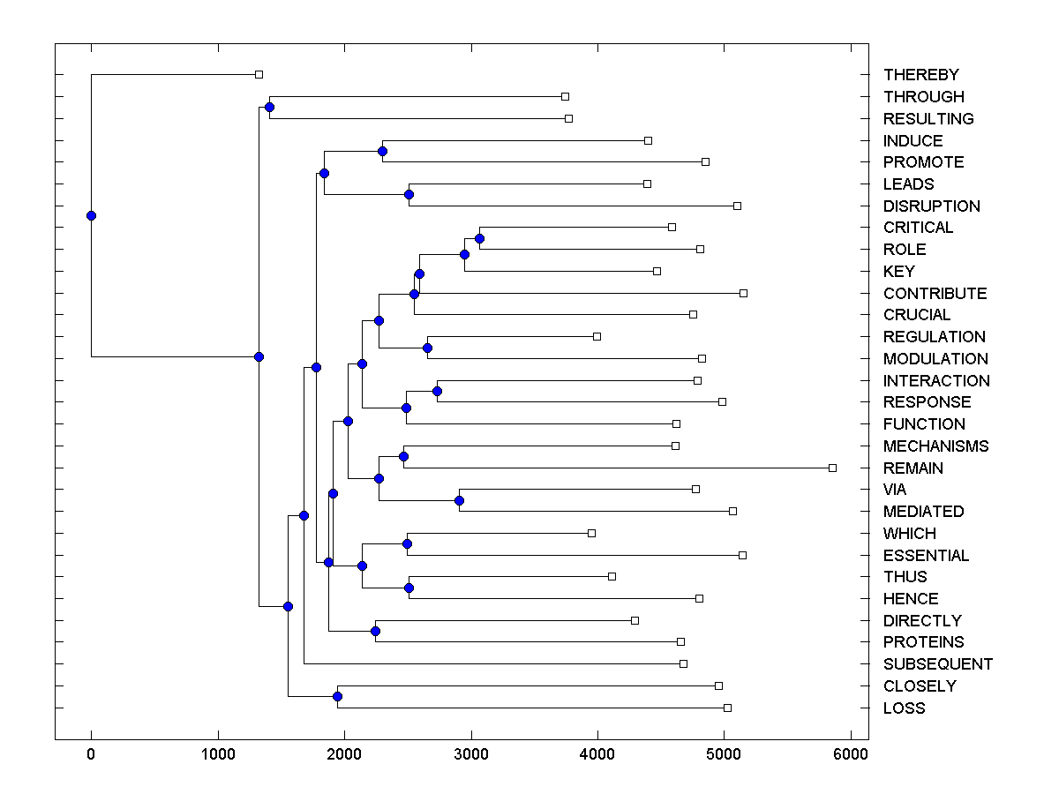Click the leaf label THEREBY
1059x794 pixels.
tap(920, 75)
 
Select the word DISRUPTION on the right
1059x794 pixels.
tap(931, 206)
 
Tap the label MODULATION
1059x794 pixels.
tap(935, 358)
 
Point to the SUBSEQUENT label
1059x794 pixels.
tap(937, 663)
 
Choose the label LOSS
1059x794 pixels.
tap(904, 708)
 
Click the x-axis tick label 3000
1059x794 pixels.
tap(471, 754)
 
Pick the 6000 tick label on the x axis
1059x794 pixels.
tap(851, 754)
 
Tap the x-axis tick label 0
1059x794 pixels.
tap(91, 754)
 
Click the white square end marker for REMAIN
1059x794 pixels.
tap(832, 468)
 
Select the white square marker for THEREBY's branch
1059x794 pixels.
tap(259, 75)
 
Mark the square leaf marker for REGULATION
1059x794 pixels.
tap(597, 336)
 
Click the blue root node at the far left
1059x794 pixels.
tap(91, 215)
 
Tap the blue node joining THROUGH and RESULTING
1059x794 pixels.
tap(269, 107)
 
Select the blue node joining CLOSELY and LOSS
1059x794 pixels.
tap(337, 697)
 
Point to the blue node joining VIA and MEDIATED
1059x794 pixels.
tap(459, 500)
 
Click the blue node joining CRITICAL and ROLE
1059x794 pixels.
tap(479, 238)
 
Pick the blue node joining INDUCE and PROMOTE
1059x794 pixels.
tap(382, 151)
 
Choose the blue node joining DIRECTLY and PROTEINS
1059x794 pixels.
tap(375, 631)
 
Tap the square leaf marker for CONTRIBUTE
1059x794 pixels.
tap(743, 293)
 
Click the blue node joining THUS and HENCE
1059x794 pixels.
tap(409, 588)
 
